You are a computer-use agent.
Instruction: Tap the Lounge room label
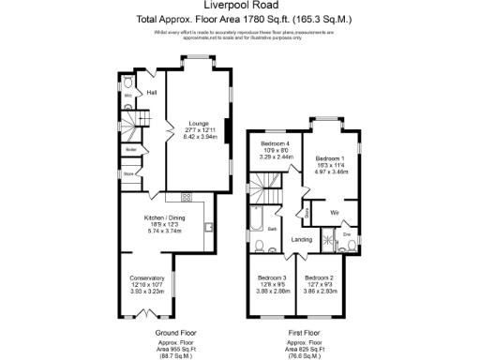click(198, 122)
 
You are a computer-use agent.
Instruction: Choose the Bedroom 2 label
click(319, 277)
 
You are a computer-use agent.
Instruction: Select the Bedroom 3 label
click(272, 277)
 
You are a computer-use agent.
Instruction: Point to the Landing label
click(302, 240)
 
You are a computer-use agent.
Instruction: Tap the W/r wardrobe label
click(333, 213)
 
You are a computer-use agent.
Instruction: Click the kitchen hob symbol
click(186, 197)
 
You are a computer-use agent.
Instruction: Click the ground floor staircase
click(137, 121)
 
